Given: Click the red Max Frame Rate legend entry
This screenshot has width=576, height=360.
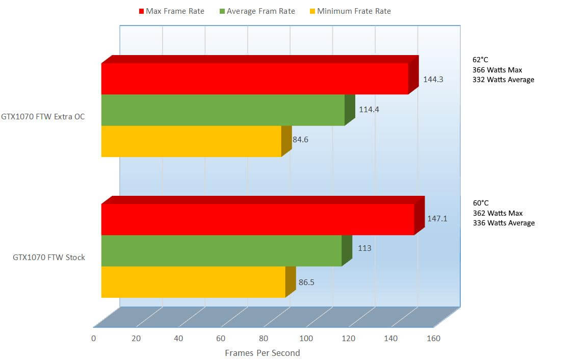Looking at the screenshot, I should click(171, 11).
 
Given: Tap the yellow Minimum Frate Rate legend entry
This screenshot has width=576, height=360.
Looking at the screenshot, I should click(350, 11).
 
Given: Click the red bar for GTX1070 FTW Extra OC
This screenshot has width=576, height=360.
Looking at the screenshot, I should click(255, 79).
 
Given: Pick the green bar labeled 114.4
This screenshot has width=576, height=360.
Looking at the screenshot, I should click(223, 110).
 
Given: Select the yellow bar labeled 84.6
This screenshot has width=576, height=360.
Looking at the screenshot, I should click(191, 141).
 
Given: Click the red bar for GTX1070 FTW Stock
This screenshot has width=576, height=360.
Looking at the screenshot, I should click(257, 219).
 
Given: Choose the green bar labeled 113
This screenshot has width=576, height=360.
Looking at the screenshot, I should click(221, 250).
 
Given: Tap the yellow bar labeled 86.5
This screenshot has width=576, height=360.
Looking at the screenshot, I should click(193, 281).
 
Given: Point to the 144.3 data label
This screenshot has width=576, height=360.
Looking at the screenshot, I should click(433, 80).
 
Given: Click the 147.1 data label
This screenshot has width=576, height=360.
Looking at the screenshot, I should click(437, 219).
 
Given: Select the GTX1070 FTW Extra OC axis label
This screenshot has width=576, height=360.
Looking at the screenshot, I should click(43, 117).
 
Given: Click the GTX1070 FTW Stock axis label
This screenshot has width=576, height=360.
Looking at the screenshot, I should click(49, 258).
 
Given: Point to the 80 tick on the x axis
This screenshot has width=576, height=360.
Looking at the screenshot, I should click(263, 338).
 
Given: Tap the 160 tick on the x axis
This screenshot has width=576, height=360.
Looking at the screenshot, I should click(433, 338).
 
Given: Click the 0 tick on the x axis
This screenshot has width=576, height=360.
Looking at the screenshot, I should click(93, 338).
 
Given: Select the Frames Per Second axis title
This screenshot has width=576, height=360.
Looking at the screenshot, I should click(262, 353).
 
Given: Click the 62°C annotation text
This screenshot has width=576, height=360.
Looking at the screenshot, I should click(481, 60).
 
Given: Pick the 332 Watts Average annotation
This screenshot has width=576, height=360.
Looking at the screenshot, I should click(503, 80).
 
